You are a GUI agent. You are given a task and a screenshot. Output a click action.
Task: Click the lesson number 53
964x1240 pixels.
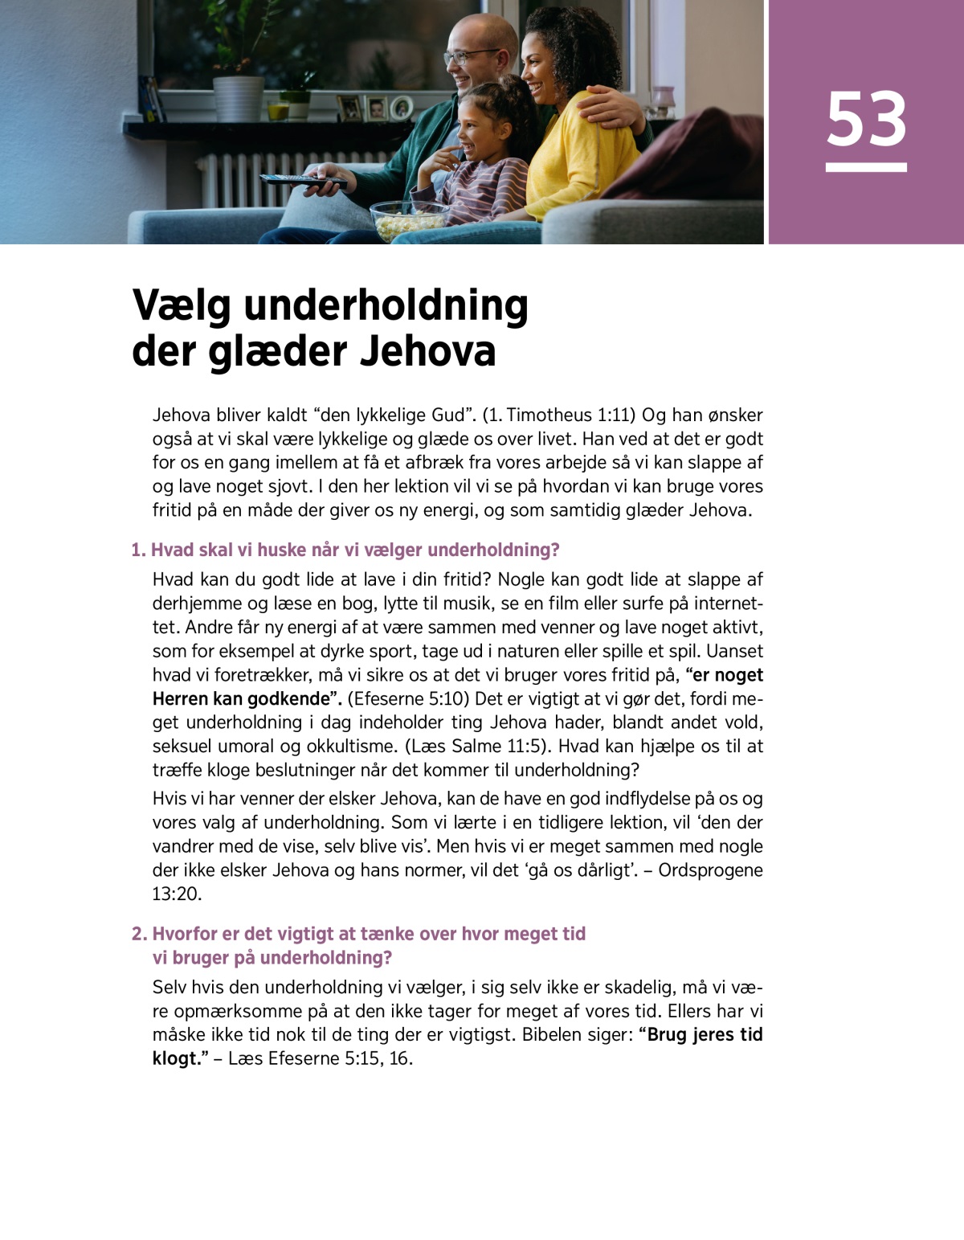point(866,119)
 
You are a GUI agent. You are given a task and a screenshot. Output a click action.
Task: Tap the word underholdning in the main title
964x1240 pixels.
point(386,305)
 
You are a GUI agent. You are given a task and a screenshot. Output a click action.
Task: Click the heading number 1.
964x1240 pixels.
point(137,550)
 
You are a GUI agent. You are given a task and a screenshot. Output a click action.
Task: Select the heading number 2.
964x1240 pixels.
point(139,934)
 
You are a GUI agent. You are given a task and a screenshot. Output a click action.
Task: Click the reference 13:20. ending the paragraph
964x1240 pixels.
point(177,894)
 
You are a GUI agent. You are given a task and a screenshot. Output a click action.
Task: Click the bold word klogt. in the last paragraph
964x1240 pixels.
point(176,1058)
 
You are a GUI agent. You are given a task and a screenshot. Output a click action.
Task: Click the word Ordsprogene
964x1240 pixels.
point(710,870)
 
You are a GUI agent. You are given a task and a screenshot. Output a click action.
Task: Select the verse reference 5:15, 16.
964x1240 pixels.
point(378,1058)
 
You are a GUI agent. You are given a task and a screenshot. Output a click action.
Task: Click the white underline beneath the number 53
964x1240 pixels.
point(866,167)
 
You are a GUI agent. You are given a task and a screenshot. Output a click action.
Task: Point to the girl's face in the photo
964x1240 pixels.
point(473,129)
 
